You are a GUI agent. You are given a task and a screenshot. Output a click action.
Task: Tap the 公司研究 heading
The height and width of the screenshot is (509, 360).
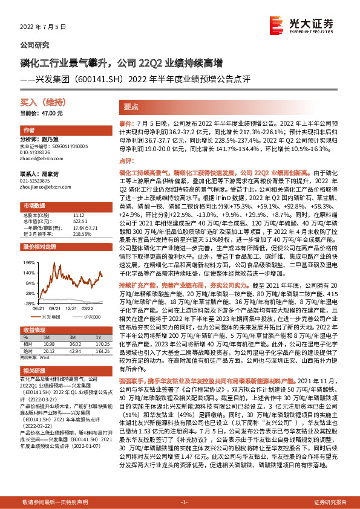click(x=35, y=45)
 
